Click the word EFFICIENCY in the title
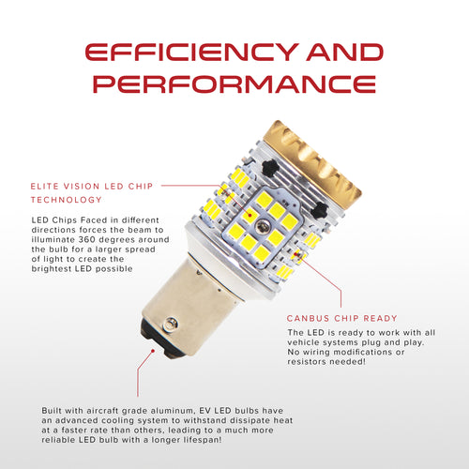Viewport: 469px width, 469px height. [x=191, y=52]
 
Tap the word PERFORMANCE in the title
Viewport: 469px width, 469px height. [x=234, y=83]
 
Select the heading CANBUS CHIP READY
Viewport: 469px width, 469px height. [x=341, y=318]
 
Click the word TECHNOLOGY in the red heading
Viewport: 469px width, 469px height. [x=67, y=200]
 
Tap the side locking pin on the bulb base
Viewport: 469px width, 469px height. [x=171, y=324]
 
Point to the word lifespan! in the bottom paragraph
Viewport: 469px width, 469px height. [x=203, y=440]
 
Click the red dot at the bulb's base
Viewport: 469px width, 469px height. [x=153, y=351]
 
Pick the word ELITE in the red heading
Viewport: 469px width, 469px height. [x=44, y=187]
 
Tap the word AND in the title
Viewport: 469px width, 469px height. [x=344, y=52]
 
